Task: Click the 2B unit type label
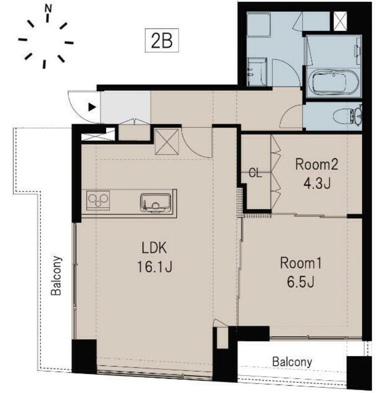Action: pos(162,40)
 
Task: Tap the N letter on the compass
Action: pos(48,9)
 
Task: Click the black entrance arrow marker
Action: pos(92,108)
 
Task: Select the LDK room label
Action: pos(154,248)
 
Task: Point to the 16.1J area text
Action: pos(154,267)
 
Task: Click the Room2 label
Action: pos(317,165)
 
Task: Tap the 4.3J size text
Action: pos(317,183)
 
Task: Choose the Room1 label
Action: pos(301,264)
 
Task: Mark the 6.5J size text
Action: pos(301,282)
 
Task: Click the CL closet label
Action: pos(255,173)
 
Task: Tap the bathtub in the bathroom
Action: pos(333,82)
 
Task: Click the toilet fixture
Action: pos(348,116)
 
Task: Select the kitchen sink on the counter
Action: pos(156,203)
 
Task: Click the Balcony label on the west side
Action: pos(56,275)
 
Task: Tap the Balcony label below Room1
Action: pos(292,362)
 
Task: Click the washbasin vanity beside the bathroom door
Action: pos(256,72)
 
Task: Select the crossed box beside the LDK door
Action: pos(167,142)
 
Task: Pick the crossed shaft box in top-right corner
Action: pos(340,21)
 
